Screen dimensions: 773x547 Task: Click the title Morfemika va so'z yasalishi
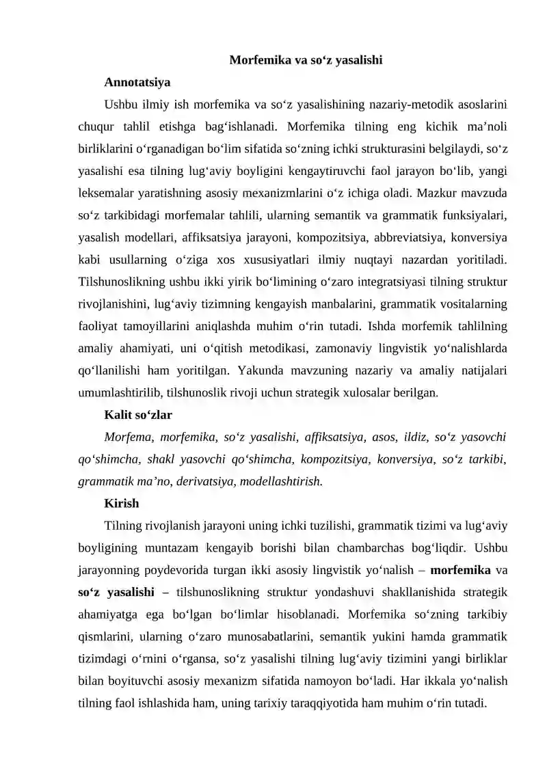(305, 60)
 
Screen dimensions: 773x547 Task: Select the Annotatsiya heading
(137, 83)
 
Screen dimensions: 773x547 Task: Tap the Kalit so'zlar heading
(138, 414)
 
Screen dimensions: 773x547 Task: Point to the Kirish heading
(122, 503)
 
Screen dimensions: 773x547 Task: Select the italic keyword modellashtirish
(281, 481)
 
